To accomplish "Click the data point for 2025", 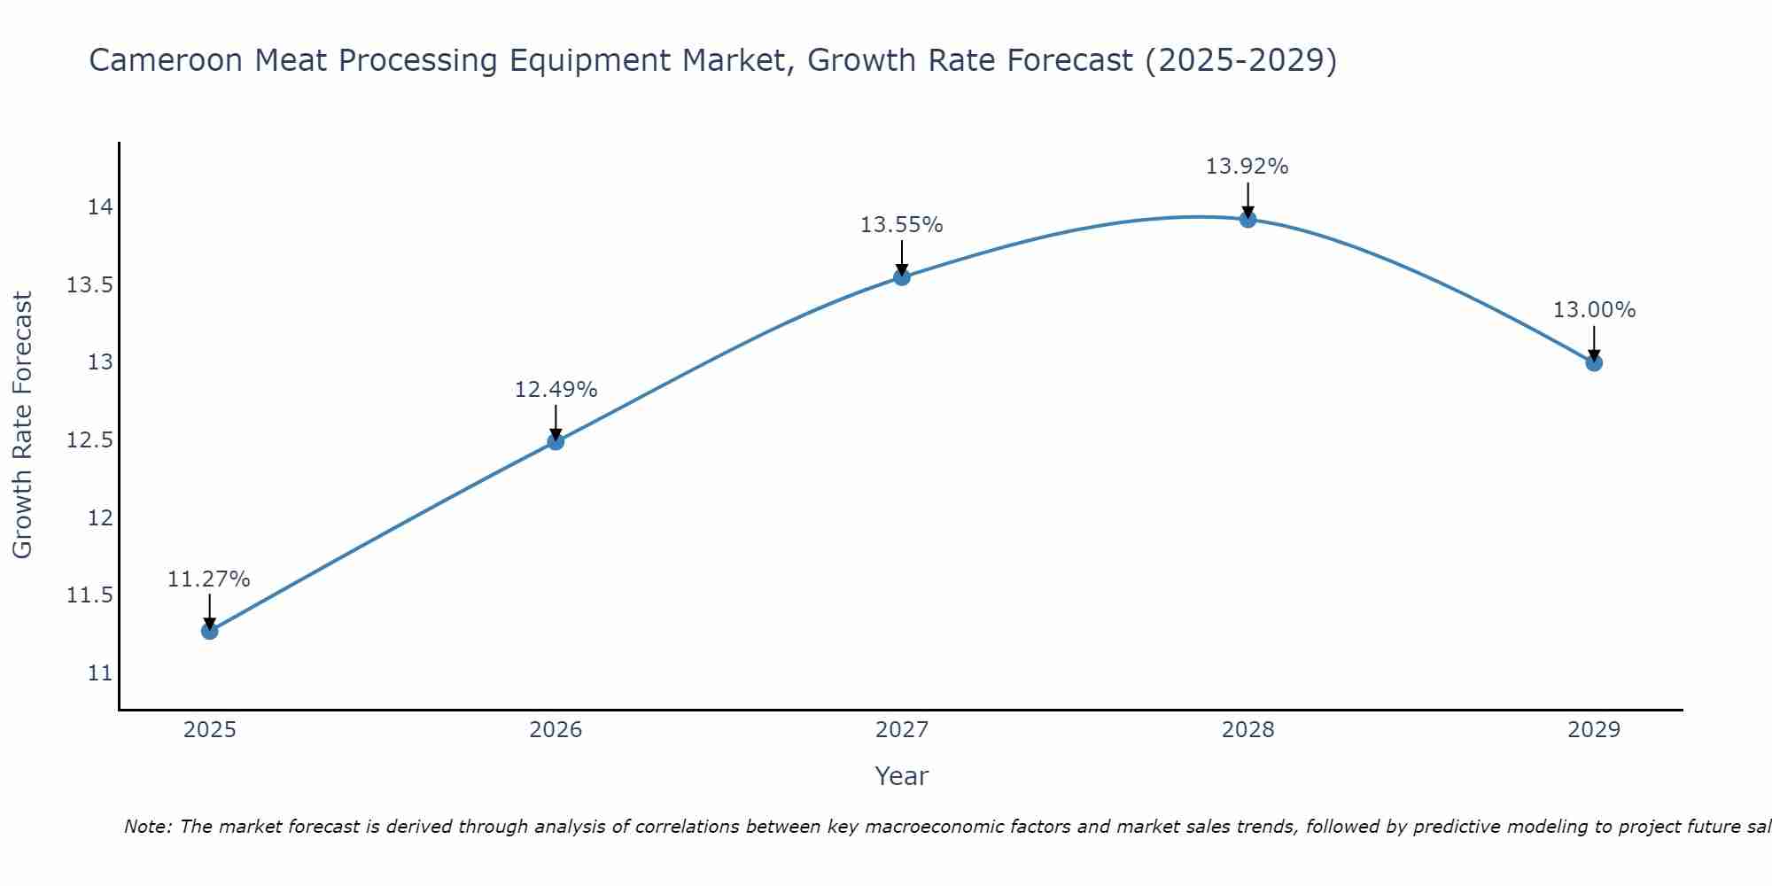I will click(210, 631).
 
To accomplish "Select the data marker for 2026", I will click(556, 441).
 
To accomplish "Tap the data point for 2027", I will click(902, 277).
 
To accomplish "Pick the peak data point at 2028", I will click(1247, 219).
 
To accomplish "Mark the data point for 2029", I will click(1594, 362).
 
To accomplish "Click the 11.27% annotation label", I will click(209, 579).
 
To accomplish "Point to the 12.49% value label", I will click(556, 390).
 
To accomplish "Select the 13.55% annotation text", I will click(902, 225).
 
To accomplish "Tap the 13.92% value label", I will click(1247, 167).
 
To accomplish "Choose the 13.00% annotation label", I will click(1594, 310).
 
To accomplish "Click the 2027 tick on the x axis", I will click(902, 730).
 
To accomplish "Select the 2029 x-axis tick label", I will click(1594, 730).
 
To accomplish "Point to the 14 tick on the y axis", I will click(100, 207).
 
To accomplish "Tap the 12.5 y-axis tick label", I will click(90, 440).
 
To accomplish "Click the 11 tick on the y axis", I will click(100, 672).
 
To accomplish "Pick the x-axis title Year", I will click(901, 776).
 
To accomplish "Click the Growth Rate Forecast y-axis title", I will click(23, 425).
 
